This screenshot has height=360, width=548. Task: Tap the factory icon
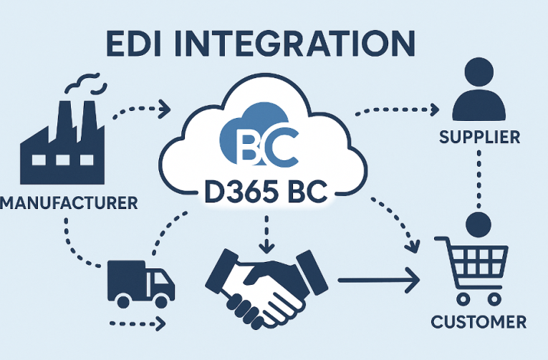click(64, 146)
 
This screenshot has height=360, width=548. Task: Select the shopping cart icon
click(476, 267)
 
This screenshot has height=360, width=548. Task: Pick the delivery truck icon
click(140, 281)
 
